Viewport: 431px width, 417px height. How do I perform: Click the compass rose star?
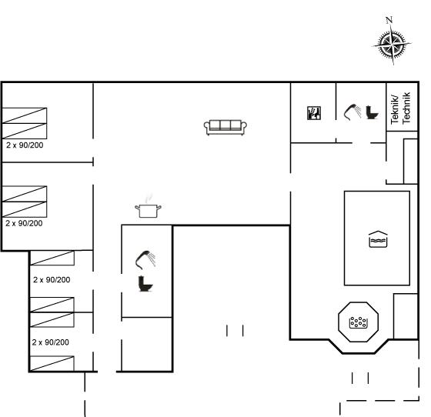pyautogui.click(x=392, y=44)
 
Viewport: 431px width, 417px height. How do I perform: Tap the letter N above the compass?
pyautogui.click(x=389, y=20)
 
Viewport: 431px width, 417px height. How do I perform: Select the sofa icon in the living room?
pyautogui.click(x=225, y=128)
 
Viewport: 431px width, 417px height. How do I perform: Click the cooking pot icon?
pyautogui.click(x=148, y=211)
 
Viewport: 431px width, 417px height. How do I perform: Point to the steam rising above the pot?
pyautogui.click(x=149, y=198)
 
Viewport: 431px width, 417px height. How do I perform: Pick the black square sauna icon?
pyautogui.click(x=314, y=113)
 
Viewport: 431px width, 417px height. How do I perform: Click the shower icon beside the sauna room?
pyautogui.click(x=352, y=112)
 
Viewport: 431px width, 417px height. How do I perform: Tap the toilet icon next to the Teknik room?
pyautogui.click(x=372, y=112)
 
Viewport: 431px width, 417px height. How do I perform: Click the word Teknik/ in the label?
pyautogui.click(x=395, y=109)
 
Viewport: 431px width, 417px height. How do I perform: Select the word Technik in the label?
pyautogui.click(x=406, y=108)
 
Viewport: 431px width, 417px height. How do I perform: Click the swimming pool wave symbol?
pyautogui.click(x=378, y=239)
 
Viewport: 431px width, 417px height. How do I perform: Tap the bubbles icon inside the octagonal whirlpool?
pyautogui.click(x=358, y=322)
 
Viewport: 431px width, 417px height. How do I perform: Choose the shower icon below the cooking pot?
pyautogui.click(x=145, y=260)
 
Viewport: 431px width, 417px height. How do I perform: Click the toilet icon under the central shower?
pyautogui.click(x=145, y=283)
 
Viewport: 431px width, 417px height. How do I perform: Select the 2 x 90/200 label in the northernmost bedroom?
pyautogui.click(x=25, y=145)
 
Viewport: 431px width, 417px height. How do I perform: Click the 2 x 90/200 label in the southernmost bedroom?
pyautogui.click(x=50, y=342)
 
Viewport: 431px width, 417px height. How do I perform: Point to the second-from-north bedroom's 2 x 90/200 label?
pyautogui.click(x=24, y=223)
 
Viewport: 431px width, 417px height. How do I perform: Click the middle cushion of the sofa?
pyautogui.click(x=225, y=125)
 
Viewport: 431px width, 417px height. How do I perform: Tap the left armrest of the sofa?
pyautogui.click(x=207, y=127)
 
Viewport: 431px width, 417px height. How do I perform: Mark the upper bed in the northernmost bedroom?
pyautogui.click(x=25, y=115)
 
